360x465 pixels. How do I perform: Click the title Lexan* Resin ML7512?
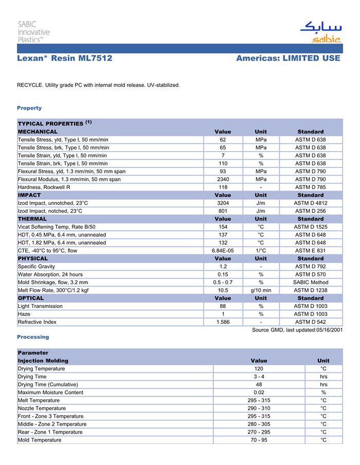(x=65, y=59)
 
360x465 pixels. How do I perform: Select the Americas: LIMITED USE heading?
(x=288, y=59)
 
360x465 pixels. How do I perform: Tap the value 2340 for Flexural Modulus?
(x=223, y=179)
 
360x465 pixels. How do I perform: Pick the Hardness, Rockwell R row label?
(x=44, y=188)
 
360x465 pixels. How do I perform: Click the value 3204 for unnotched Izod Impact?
(x=223, y=203)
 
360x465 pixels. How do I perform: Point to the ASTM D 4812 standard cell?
(x=310, y=203)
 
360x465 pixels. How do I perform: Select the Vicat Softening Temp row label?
(x=57, y=227)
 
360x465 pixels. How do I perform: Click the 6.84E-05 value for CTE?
(x=223, y=250)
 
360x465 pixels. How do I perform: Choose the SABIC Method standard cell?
(x=310, y=282)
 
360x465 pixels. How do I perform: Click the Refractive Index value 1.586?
(x=223, y=322)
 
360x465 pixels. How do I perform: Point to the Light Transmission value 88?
(x=223, y=306)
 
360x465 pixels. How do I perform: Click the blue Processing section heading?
(x=33, y=337)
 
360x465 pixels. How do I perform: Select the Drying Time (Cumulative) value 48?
(x=259, y=384)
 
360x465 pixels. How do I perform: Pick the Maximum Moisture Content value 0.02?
(x=259, y=393)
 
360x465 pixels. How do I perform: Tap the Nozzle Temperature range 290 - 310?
(x=259, y=408)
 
